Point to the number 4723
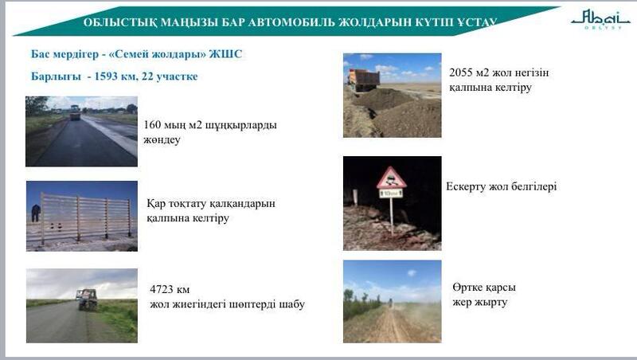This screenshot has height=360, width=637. pos(164,289)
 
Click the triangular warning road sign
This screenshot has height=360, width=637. pos(391,178)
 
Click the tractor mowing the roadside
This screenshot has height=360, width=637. pos(86,299)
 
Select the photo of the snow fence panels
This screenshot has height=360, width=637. pos(81,216)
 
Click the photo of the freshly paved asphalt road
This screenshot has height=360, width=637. pos(81,131)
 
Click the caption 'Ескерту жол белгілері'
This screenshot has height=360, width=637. pos(501,187)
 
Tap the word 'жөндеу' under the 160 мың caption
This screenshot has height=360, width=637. pos(163,140)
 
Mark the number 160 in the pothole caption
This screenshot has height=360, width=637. pos(154,125)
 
